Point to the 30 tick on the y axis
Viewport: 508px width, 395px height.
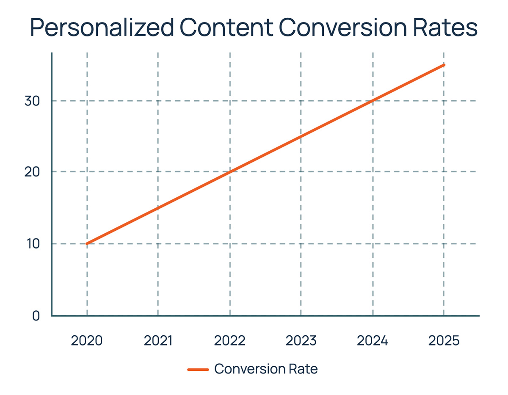(33, 101)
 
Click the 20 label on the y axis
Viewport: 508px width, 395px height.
(33, 172)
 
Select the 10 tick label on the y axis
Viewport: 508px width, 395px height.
(33, 244)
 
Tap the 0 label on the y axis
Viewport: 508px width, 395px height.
(36, 316)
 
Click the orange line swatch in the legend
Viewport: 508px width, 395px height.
(198, 369)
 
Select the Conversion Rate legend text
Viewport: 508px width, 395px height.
(266, 369)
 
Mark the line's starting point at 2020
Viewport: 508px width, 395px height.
(87, 244)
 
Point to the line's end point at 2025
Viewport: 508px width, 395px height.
(444, 65)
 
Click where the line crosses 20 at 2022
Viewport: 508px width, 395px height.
(230, 172)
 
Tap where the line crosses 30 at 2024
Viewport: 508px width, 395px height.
(373, 101)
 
